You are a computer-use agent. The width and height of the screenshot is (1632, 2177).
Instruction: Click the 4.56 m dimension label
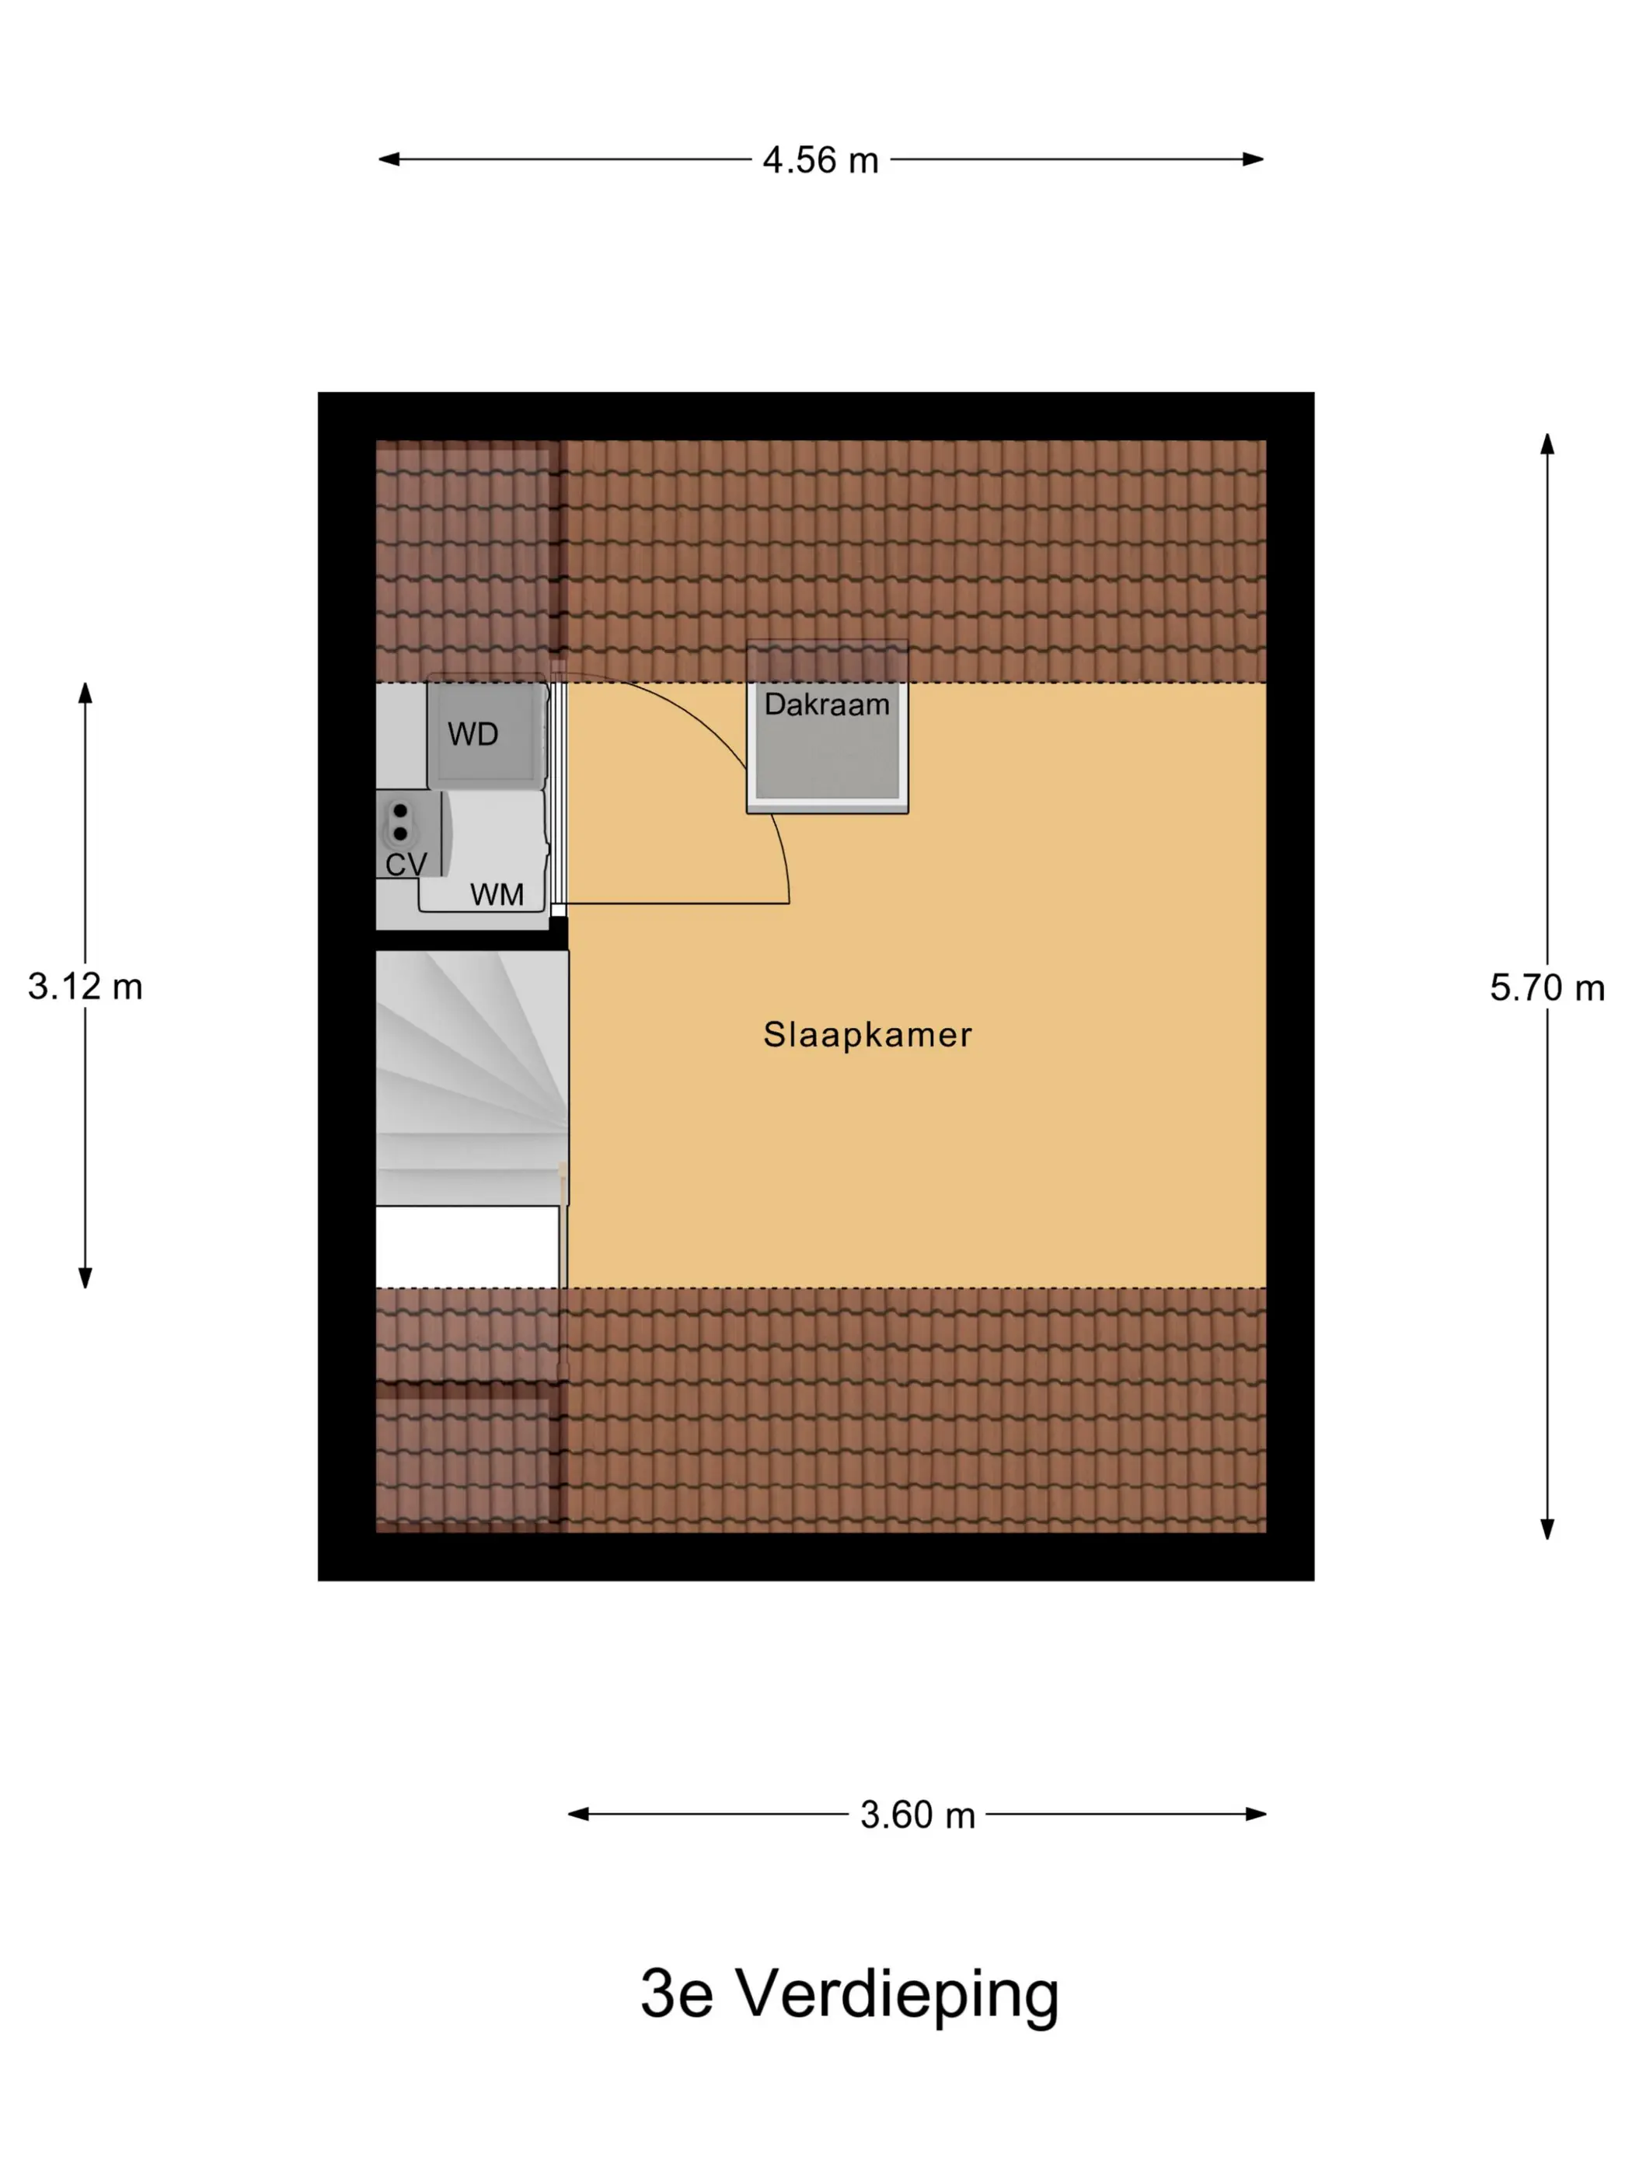pos(821,160)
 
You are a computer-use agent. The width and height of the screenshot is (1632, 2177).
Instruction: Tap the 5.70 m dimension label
pos(1547,987)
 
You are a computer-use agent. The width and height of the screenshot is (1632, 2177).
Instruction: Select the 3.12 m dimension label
pos(85,986)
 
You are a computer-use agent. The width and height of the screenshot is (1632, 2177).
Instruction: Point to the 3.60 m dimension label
pos(917,1815)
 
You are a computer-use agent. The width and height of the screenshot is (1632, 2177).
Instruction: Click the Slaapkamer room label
pos(867,1034)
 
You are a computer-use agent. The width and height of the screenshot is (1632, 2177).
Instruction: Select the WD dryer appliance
pos(486,732)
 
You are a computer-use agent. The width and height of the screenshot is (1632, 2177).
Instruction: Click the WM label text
pos(497,895)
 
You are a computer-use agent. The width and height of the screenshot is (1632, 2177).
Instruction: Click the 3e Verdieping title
pos(850,1995)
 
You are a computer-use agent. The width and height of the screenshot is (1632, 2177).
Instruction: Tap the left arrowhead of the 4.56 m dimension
pos(389,159)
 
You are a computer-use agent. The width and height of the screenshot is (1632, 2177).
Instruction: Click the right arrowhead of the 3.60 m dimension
pos(1255,1814)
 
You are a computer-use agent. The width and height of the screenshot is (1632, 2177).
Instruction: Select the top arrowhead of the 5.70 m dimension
pos(1547,444)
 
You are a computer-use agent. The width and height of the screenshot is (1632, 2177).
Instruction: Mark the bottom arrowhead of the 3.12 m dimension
pos(85,1277)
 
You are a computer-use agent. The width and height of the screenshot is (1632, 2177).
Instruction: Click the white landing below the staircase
pos(467,1246)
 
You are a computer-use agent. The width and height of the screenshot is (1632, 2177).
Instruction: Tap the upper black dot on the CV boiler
pos(400,811)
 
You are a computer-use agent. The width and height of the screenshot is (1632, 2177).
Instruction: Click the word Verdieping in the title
pos(898,1995)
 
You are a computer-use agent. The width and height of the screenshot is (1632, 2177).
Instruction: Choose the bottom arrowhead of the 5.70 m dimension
pos(1547,1529)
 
